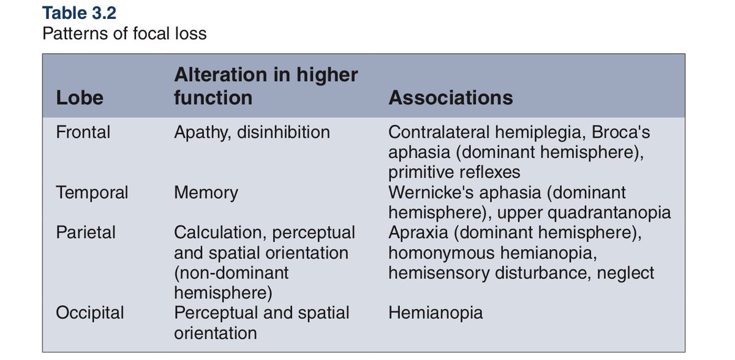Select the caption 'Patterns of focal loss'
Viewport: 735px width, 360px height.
124,33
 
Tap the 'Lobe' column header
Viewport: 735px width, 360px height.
80,98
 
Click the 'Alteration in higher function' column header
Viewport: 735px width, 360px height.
266,86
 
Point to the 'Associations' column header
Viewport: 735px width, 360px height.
451,98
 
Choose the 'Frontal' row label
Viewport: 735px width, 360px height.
83,132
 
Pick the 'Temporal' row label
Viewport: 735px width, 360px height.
92,193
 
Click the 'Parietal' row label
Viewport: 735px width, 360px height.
86,233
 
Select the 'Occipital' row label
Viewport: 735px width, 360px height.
89,313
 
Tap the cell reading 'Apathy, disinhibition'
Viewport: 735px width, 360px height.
252,132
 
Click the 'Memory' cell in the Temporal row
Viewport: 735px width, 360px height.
206,193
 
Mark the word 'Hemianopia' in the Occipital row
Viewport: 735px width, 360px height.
435,313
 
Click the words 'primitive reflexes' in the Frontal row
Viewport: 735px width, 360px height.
454,171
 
